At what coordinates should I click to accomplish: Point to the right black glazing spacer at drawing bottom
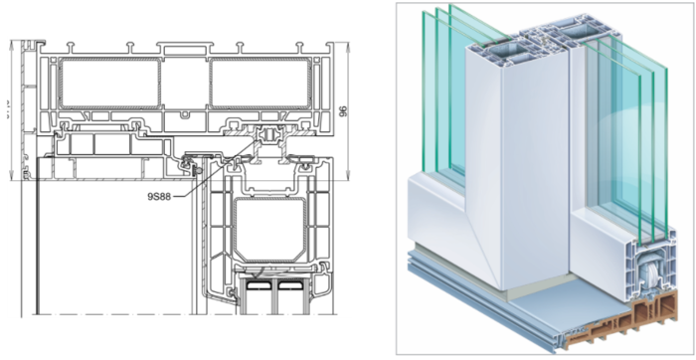(288, 285)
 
